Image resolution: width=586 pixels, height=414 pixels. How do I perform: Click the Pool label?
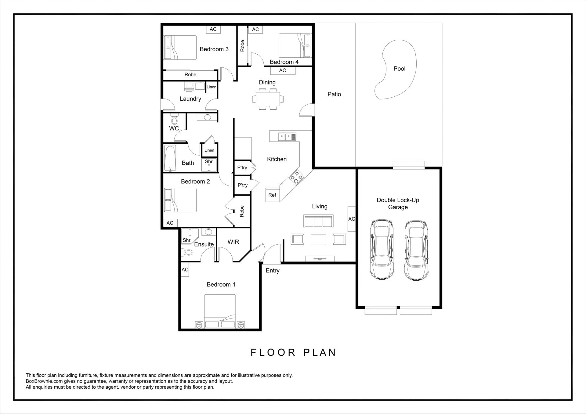click(399, 69)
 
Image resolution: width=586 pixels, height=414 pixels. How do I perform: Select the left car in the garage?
click(382, 250)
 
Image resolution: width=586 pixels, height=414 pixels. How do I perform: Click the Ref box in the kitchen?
click(272, 195)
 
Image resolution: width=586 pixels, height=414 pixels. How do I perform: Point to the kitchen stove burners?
click(296, 178)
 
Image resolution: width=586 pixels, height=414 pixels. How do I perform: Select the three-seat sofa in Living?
click(318, 221)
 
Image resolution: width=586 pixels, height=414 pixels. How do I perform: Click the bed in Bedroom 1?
click(220, 311)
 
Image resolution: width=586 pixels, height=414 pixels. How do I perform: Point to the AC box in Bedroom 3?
click(213, 29)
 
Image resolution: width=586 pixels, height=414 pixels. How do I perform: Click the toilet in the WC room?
click(174, 119)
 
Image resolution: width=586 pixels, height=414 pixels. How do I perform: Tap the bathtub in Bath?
click(170, 158)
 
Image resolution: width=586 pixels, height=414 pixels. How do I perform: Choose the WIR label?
click(233, 242)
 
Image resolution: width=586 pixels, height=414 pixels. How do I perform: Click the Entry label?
click(273, 271)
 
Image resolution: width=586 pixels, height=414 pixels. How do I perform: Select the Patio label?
click(334, 94)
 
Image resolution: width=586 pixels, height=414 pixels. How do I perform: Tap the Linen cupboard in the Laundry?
click(212, 87)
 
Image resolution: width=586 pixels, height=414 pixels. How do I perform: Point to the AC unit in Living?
click(352, 219)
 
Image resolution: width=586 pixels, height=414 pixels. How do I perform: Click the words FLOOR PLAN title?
click(293, 352)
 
